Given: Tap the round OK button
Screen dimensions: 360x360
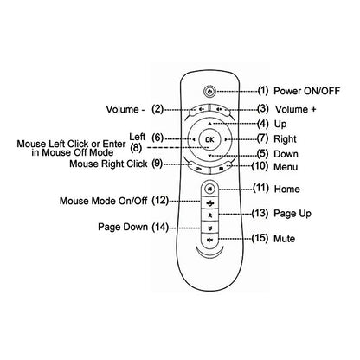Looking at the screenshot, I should (x=209, y=138).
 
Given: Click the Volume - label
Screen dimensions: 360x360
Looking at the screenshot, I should (x=125, y=109).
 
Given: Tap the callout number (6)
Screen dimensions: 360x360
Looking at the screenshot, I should (x=157, y=137).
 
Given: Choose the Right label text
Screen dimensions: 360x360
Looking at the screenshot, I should (x=286, y=138).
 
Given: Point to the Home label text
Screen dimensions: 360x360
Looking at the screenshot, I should (x=287, y=189).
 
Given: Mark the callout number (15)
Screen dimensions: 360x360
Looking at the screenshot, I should (x=260, y=237).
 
